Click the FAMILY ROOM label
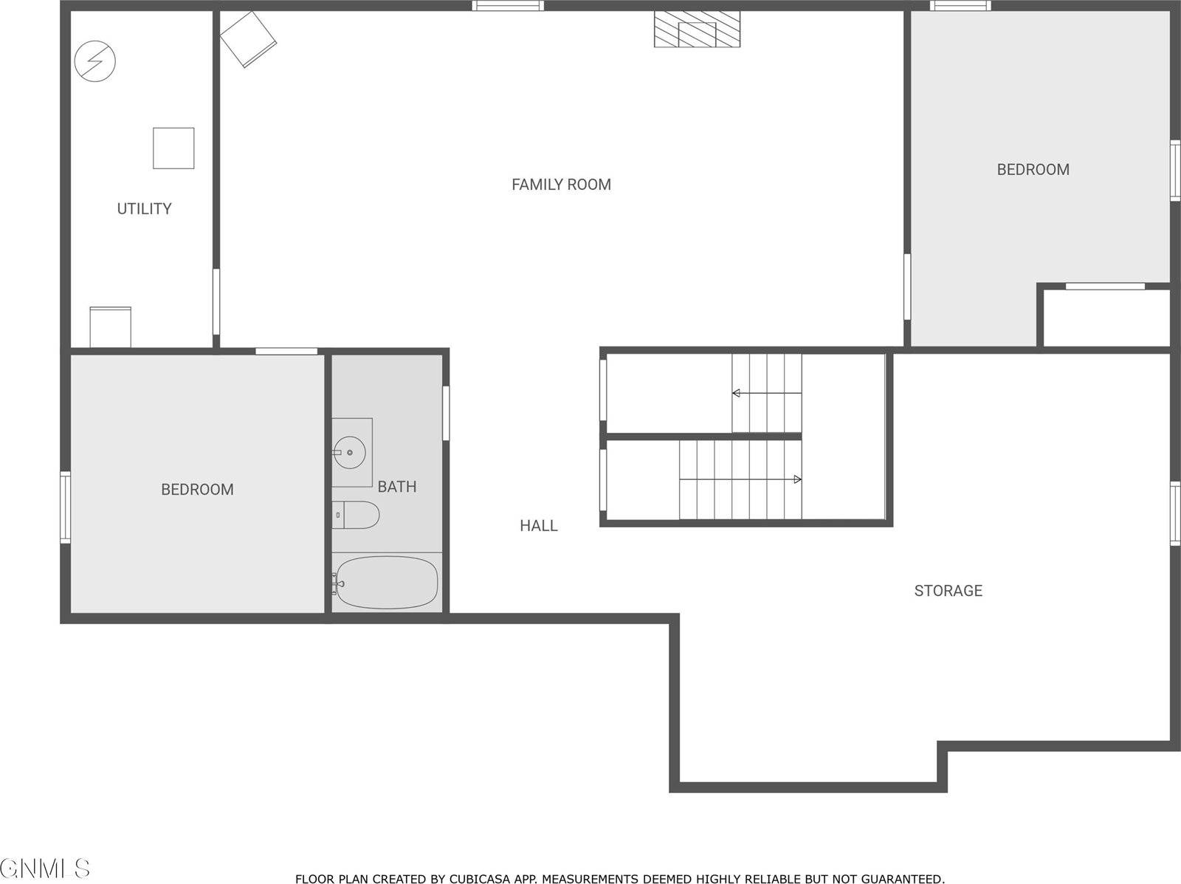pyautogui.click(x=561, y=185)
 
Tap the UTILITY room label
pyautogui.click(x=144, y=209)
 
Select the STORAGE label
pyautogui.click(x=948, y=591)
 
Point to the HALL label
pyautogui.click(x=538, y=526)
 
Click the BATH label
pyautogui.click(x=397, y=487)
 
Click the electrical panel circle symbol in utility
pyautogui.click(x=95, y=61)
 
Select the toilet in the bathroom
pyautogui.click(x=356, y=515)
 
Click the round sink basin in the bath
pyautogui.click(x=348, y=452)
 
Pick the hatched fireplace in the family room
pyautogui.click(x=697, y=30)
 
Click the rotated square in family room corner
pyautogui.click(x=249, y=39)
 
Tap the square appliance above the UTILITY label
pyautogui.click(x=173, y=148)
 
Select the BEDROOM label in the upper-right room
pyautogui.click(x=1033, y=170)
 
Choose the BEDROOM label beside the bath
pyautogui.click(x=197, y=490)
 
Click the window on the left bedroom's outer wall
pyautogui.click(x=65, y=507)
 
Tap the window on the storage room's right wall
pyautogui.click(x=1174, y=513)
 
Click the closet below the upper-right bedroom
pyautogui.click(x=1106, y=318)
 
